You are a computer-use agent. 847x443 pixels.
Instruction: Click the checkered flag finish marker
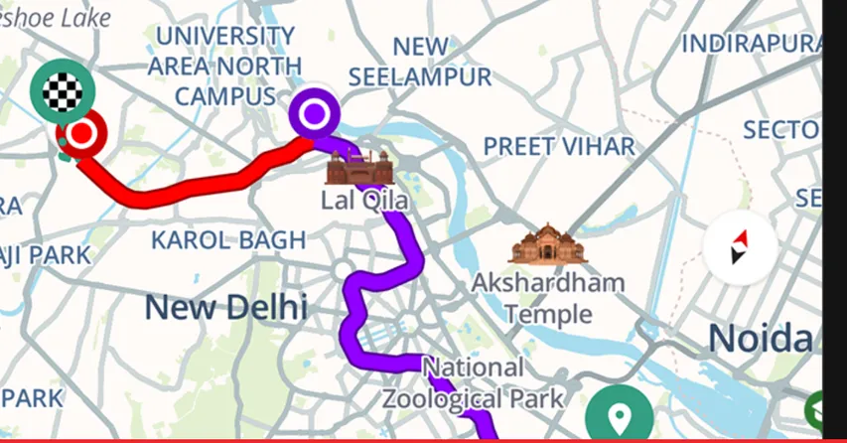[63, 91]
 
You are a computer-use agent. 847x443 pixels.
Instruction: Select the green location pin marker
[619, 414]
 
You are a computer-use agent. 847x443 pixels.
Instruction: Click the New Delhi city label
[225, 307]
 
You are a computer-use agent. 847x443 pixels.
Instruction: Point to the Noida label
[760, 339]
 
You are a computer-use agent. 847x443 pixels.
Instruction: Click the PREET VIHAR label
[558, 146]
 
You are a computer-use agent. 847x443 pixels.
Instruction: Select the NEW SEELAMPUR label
[420, 62]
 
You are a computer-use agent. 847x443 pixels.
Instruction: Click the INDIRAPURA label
[752, 44]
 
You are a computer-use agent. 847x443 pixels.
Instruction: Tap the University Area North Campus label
[224, 66]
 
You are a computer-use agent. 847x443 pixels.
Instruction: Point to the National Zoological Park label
[474, 383]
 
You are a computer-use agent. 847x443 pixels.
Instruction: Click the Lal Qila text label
[363, 201]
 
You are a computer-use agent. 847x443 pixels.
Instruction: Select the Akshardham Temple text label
[547, 298]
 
